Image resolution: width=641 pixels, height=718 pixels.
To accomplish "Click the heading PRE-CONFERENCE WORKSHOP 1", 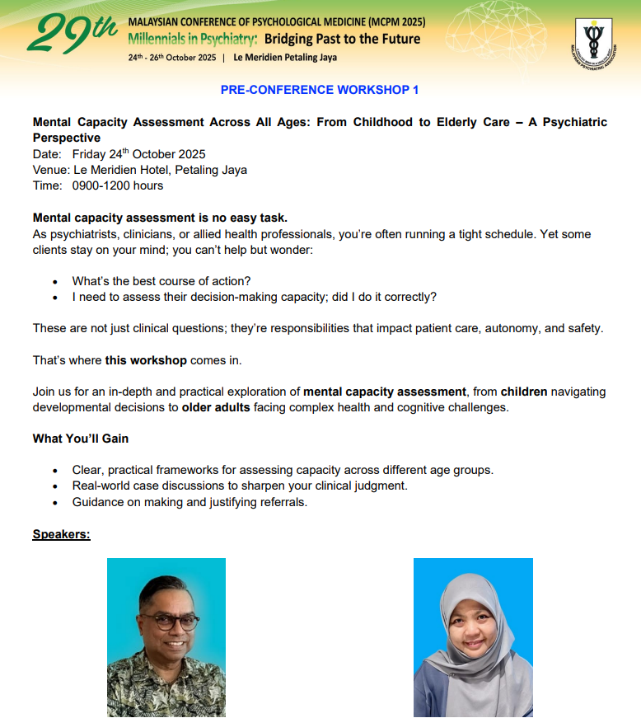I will [x=320, y=90].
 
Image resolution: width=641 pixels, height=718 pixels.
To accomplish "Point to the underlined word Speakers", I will [x=61, y=534].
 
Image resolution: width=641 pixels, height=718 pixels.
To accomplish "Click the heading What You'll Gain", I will [x=81, y=438].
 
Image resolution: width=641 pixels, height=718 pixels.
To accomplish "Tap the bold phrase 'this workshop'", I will [x=146, y=360].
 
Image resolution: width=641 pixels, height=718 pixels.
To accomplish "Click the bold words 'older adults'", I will [x=216, y=407].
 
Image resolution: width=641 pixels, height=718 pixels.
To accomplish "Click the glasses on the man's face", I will [x=168, y=621].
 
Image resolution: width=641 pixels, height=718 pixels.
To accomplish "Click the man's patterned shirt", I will [x=165, y=688].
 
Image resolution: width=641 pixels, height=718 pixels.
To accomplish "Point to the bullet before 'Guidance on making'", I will [x=55, y=502].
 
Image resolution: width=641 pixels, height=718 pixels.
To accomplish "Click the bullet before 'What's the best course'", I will [x=55, y=281].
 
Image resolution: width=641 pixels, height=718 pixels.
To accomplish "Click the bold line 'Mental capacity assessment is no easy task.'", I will [x=160, y=218].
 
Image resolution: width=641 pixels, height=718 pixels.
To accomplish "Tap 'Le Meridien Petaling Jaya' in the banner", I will [x=285, y=58].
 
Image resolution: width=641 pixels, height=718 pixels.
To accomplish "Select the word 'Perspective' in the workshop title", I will [x=67, y=138].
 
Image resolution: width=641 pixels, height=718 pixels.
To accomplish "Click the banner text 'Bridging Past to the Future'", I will [x=342, y=39].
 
